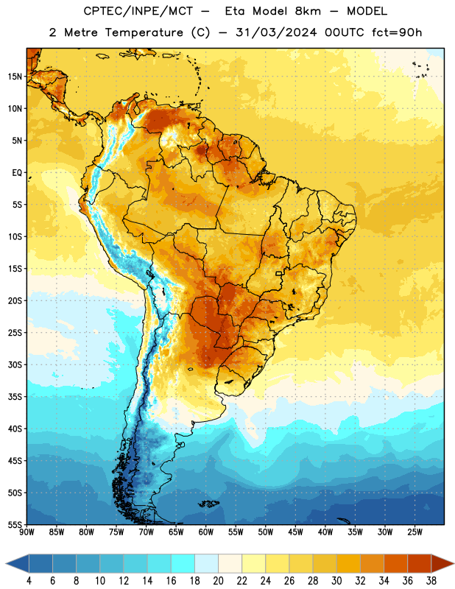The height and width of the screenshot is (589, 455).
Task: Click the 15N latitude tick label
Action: (15, 77)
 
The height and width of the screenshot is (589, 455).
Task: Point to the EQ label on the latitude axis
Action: (17, 173)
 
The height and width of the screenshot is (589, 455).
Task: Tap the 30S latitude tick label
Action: (15, 364)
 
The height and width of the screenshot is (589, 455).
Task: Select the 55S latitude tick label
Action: (15, 525)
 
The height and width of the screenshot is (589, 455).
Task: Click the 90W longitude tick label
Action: (27, 532)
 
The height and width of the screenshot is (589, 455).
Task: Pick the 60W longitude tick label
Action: (206, 532)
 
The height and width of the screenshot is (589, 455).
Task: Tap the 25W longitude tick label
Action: (415, 532)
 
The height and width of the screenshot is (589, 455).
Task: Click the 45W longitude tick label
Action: (295, 532)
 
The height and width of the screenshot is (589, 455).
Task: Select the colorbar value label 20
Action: (218, 581)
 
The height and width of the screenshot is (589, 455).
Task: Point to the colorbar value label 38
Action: (431, 581)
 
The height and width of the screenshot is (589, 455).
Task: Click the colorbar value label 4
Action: (29, 581)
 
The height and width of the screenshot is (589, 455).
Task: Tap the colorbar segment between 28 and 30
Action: (325, 563)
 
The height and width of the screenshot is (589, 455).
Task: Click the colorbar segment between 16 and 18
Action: (183, 563)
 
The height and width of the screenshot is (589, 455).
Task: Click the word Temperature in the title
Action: (144, 32)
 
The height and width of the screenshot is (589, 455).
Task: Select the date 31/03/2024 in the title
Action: (276, 32)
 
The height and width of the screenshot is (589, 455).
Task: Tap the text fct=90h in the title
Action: (397, 32)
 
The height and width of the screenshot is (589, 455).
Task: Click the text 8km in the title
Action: (308, 11)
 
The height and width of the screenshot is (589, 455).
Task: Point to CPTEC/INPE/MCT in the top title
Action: (138, 12)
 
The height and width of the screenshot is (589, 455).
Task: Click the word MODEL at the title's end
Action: (367, 11)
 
